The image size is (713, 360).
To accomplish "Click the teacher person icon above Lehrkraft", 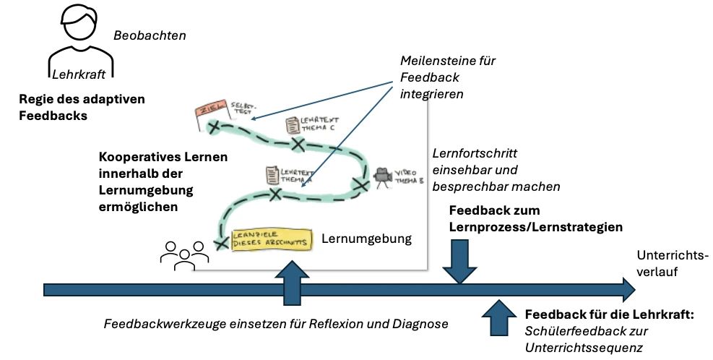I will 80,40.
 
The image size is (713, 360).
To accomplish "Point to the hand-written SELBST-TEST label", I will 241,109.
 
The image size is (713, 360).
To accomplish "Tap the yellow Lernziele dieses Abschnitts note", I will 271,241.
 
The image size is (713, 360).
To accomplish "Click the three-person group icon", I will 178,254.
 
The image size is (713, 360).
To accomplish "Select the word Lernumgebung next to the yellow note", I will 366,238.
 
